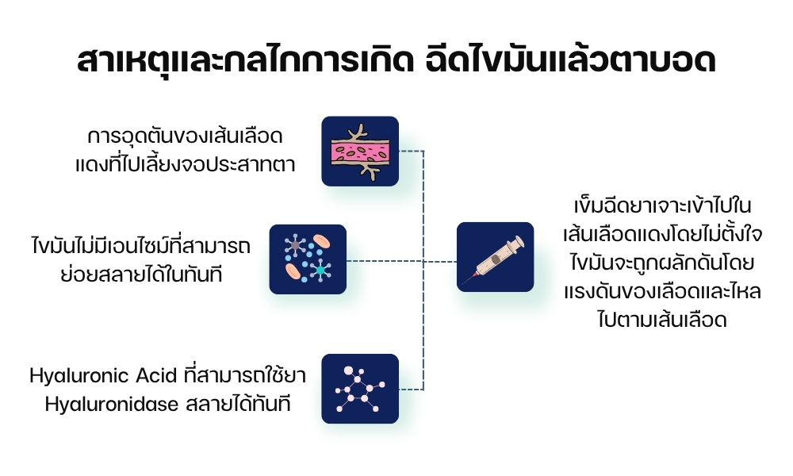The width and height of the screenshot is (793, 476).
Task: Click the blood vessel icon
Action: coord(359,151)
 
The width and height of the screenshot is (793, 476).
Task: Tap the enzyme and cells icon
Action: coord(308,259)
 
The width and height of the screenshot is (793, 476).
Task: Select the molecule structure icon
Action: coord(359,388)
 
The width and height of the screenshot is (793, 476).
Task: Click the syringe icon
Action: coord(495,257)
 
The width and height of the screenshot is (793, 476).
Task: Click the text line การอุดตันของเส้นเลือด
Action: coord(186,136)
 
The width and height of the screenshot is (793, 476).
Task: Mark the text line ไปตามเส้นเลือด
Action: coord(648,321)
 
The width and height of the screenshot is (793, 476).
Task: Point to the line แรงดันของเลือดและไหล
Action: coord(648,292)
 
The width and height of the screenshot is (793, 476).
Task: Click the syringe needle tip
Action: coord(468,281)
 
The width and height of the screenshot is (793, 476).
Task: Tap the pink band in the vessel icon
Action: coord(359,151)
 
